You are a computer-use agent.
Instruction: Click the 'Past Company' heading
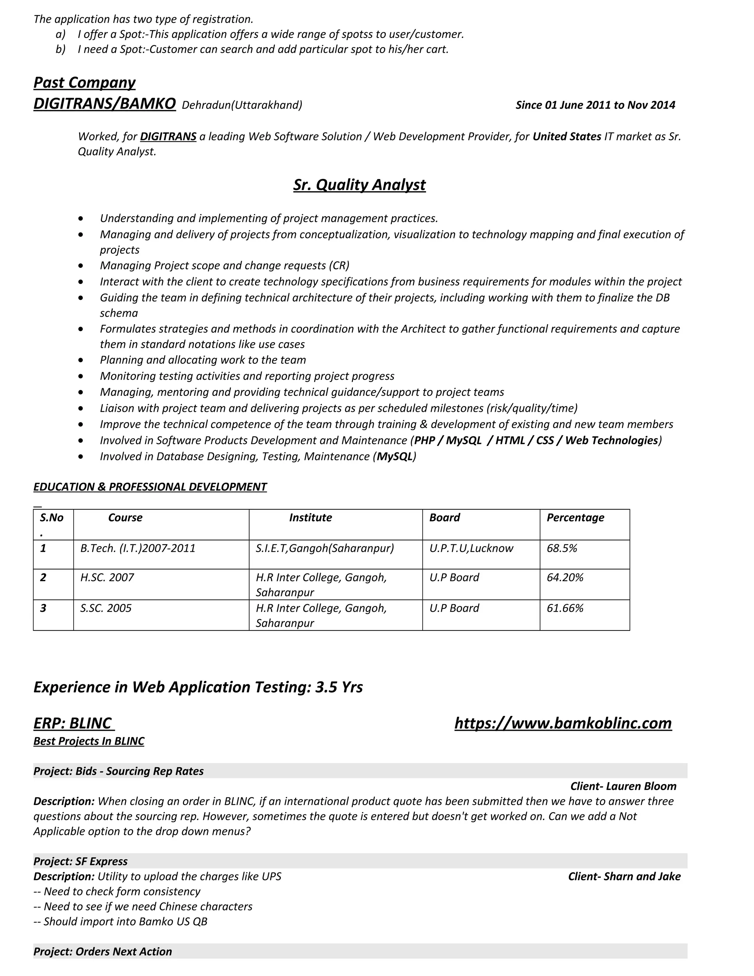coord(84,82)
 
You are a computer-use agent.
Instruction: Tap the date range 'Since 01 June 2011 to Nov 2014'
coord(595,105)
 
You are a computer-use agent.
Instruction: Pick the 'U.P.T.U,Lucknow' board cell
coord(471,548)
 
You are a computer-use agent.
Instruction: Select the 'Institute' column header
coord(310,517)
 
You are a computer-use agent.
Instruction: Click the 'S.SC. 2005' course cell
coord(106,608)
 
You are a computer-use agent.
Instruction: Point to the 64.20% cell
coord(565,577)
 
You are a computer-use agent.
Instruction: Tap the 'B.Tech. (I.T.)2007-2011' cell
coord(138,548)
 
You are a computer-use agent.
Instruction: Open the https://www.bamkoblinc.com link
coord(563,723)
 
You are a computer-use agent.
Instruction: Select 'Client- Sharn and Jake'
coord(624,876)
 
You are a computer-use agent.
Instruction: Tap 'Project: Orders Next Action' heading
coord(103,951)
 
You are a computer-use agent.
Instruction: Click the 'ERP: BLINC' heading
coord(73,723)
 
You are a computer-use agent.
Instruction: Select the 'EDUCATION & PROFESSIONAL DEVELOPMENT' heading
coord(150,487)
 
